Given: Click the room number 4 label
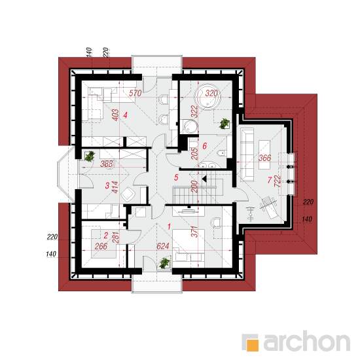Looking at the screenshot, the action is coord(125,115).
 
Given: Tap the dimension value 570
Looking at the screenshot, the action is coord(135,93).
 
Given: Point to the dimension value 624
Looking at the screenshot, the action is coord(163,246).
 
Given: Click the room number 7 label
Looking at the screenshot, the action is coord(270,180).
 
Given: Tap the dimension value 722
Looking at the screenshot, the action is coord(278,181).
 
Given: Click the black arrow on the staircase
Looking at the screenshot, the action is coord(204,179).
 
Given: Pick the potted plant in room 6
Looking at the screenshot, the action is coord(224,124).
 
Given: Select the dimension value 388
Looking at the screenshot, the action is coord(107,164).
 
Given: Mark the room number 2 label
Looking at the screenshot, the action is coord(106,236).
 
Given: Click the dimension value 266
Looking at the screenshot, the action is coord(101,246).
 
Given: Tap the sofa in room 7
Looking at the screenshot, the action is coord(247,154).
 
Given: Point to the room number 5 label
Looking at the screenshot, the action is coord(176,177).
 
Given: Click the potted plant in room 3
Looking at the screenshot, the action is coord(90,156).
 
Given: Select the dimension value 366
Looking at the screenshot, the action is coord(264,158).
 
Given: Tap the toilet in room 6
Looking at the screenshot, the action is coord(221,153).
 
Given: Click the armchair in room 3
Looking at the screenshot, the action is coord(128,194).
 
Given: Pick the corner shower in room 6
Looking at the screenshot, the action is coord(189,126).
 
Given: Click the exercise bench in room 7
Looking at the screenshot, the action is coord(269,207).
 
